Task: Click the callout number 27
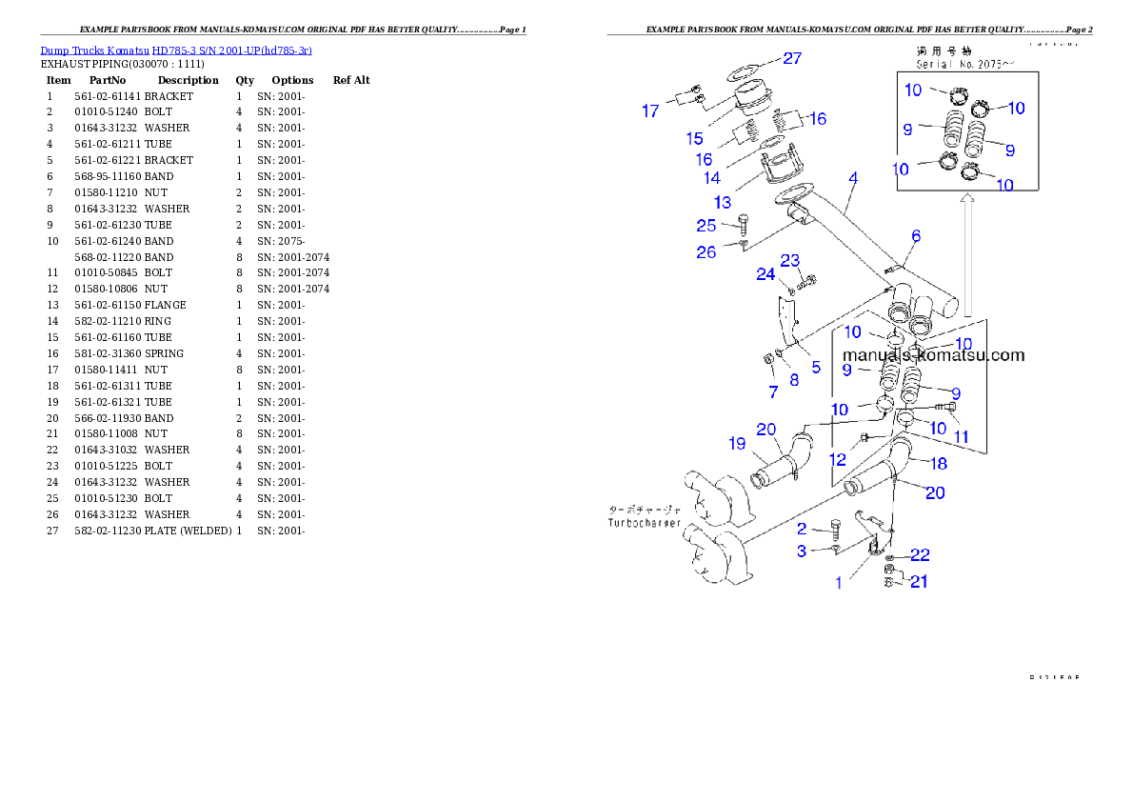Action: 792,58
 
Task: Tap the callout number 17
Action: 650,111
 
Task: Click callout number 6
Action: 916,235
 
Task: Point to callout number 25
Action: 706,226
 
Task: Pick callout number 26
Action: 706,252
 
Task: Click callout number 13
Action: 723,202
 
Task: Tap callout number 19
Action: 737,443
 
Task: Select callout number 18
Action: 939,464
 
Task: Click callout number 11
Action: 962,437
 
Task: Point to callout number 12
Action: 837,459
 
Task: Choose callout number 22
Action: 920,554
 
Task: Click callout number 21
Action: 919,581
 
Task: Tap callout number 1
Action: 839,583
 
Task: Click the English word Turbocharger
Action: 645,523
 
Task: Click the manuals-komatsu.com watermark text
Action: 933,355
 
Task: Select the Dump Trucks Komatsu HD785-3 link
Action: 176,50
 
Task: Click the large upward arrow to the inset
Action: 966,257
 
